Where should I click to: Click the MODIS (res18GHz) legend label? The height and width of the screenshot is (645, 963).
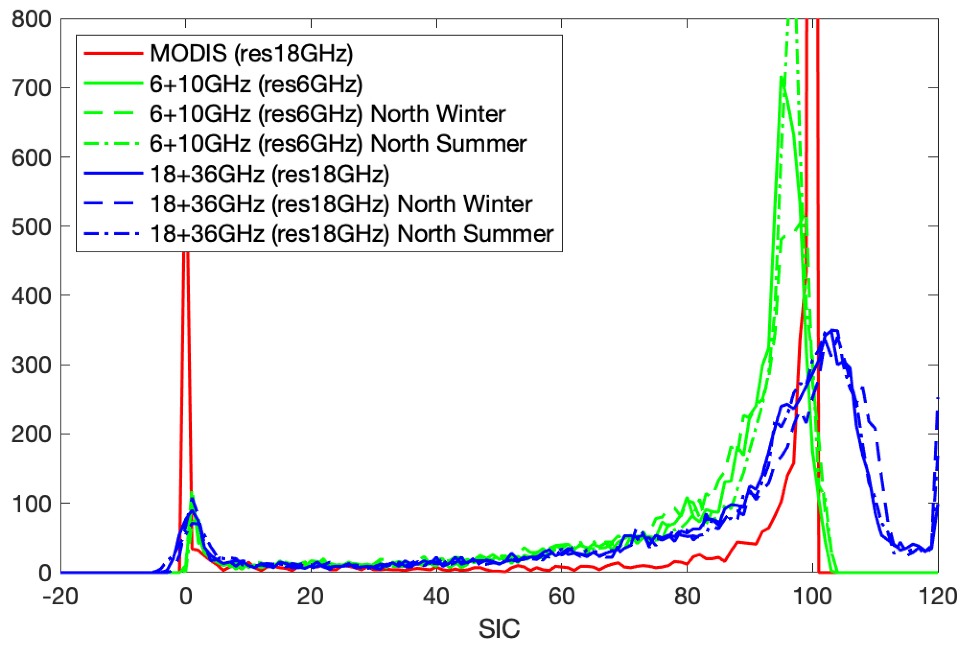pos(251,53)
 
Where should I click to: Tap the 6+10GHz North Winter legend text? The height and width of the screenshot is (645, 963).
pos(327,114)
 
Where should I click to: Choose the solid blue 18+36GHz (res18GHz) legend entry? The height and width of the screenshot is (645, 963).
pos(270,174)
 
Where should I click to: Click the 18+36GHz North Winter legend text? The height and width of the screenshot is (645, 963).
pos(341,204)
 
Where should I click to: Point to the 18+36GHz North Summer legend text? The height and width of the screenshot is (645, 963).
pos(352,233)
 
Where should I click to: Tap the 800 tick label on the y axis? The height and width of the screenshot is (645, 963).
pos(31,19)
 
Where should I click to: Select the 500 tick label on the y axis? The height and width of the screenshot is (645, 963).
pos(31,227)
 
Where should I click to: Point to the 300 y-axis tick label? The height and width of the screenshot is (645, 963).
pos(31,365)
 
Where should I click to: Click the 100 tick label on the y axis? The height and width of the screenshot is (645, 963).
pos(31,504)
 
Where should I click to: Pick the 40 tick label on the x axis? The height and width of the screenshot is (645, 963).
pos(436,596)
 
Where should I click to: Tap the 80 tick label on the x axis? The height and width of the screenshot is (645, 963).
pos(687,596)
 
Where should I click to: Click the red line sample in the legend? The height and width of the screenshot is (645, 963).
pos(113,53)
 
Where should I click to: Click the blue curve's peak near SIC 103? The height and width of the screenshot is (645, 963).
pos(833,330)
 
